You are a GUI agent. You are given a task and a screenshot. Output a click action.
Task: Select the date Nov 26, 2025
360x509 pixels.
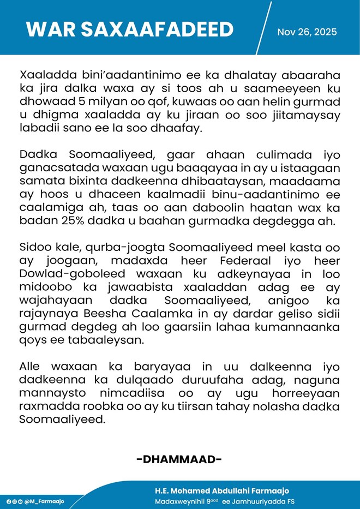click(307, 32)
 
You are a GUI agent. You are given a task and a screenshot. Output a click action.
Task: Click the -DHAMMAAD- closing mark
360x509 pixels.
click(179, 459)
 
